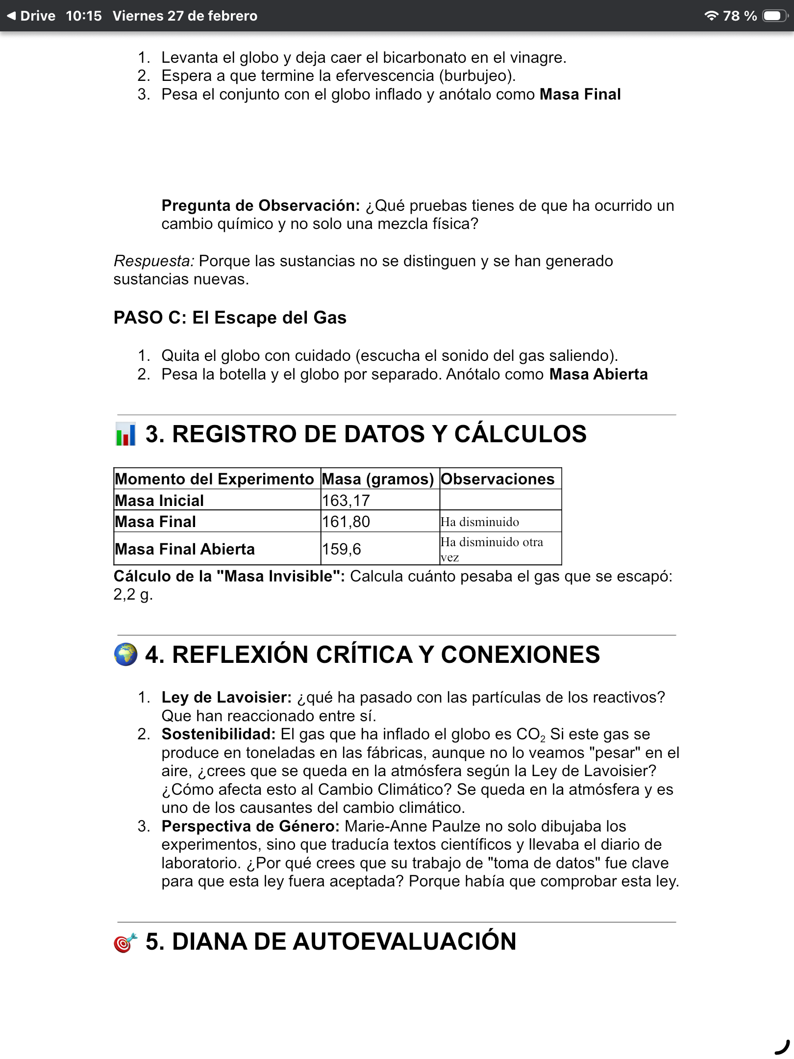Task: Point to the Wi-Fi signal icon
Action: (711, 16)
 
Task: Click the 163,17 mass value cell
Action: (346, 501)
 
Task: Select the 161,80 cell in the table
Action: (346, 522)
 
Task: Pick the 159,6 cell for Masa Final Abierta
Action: (342, 549)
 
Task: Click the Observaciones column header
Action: (497, 479)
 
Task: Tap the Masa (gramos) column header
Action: (378, 479)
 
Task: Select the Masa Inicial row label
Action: (159, 501)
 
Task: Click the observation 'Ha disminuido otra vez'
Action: (492, 549)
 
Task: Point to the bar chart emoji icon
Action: (125, 434)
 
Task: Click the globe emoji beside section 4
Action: (125, 655)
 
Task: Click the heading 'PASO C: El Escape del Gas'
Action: (230, 318)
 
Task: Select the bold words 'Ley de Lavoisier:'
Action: (226, 697)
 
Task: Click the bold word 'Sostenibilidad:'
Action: (219, 734)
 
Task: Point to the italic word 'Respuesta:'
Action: (154, 261)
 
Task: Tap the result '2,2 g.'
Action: (133, 595)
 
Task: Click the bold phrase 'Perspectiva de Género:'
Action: (250, 826)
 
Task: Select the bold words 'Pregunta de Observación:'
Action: (261, 205)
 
